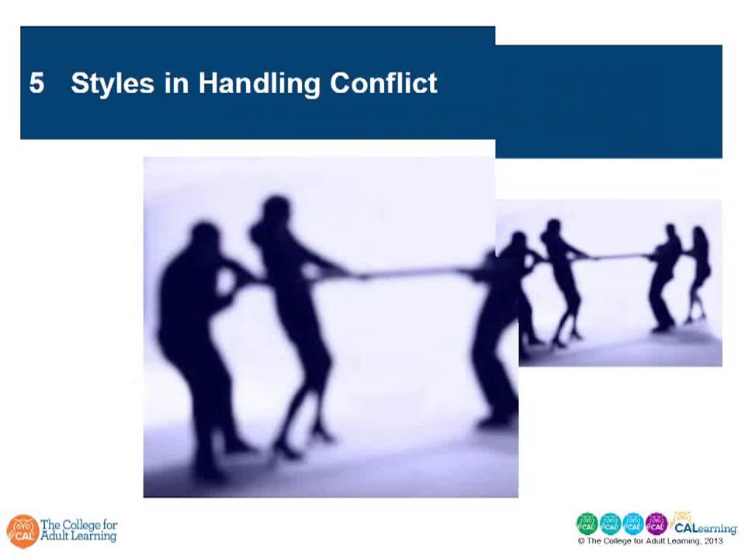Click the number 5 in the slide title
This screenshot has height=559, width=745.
tap(36, 83)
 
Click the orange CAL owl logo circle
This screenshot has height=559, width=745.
tap(22, 531)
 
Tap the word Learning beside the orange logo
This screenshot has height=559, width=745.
tap(94, 536)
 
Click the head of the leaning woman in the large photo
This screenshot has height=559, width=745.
tap(275, 210)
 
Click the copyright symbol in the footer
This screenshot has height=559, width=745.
tap(581, 540)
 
